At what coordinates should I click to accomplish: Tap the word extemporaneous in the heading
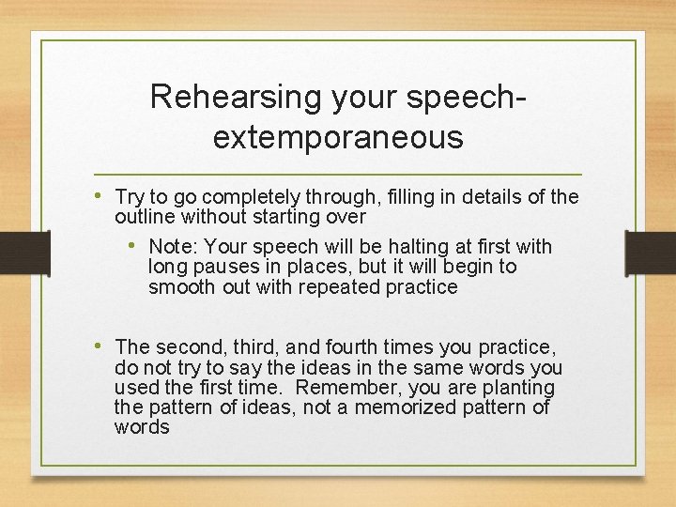338,137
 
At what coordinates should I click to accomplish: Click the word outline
143,217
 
